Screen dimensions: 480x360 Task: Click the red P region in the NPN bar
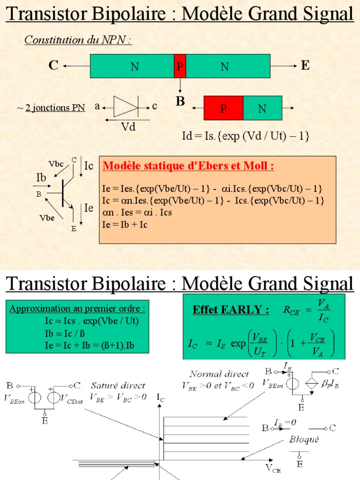click(x=180, y=66)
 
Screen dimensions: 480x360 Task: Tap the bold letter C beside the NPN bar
click(x=53, y=65)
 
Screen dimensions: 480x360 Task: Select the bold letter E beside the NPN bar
click(x=305, y=65)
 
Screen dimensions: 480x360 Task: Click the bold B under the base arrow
click(x=180, y=101)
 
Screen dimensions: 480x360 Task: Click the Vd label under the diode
click(x=128, y=127)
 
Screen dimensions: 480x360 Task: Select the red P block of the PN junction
click(x=224, y=108)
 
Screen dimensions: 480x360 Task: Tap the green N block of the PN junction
click(x=262, y=108)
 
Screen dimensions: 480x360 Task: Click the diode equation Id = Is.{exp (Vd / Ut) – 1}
click(x=246, y=136)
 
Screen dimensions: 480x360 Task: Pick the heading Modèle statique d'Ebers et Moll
click(x=188, y=166)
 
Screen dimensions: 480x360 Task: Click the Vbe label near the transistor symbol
click(x=47, y=218)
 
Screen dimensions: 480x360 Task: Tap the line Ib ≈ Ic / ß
click(x=61, y=334)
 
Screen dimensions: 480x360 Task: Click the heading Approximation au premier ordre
click(x=77, y=309)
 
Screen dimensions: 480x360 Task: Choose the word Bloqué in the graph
click(x=303, y=440)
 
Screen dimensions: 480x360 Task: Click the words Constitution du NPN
click(x=78, y=40)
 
